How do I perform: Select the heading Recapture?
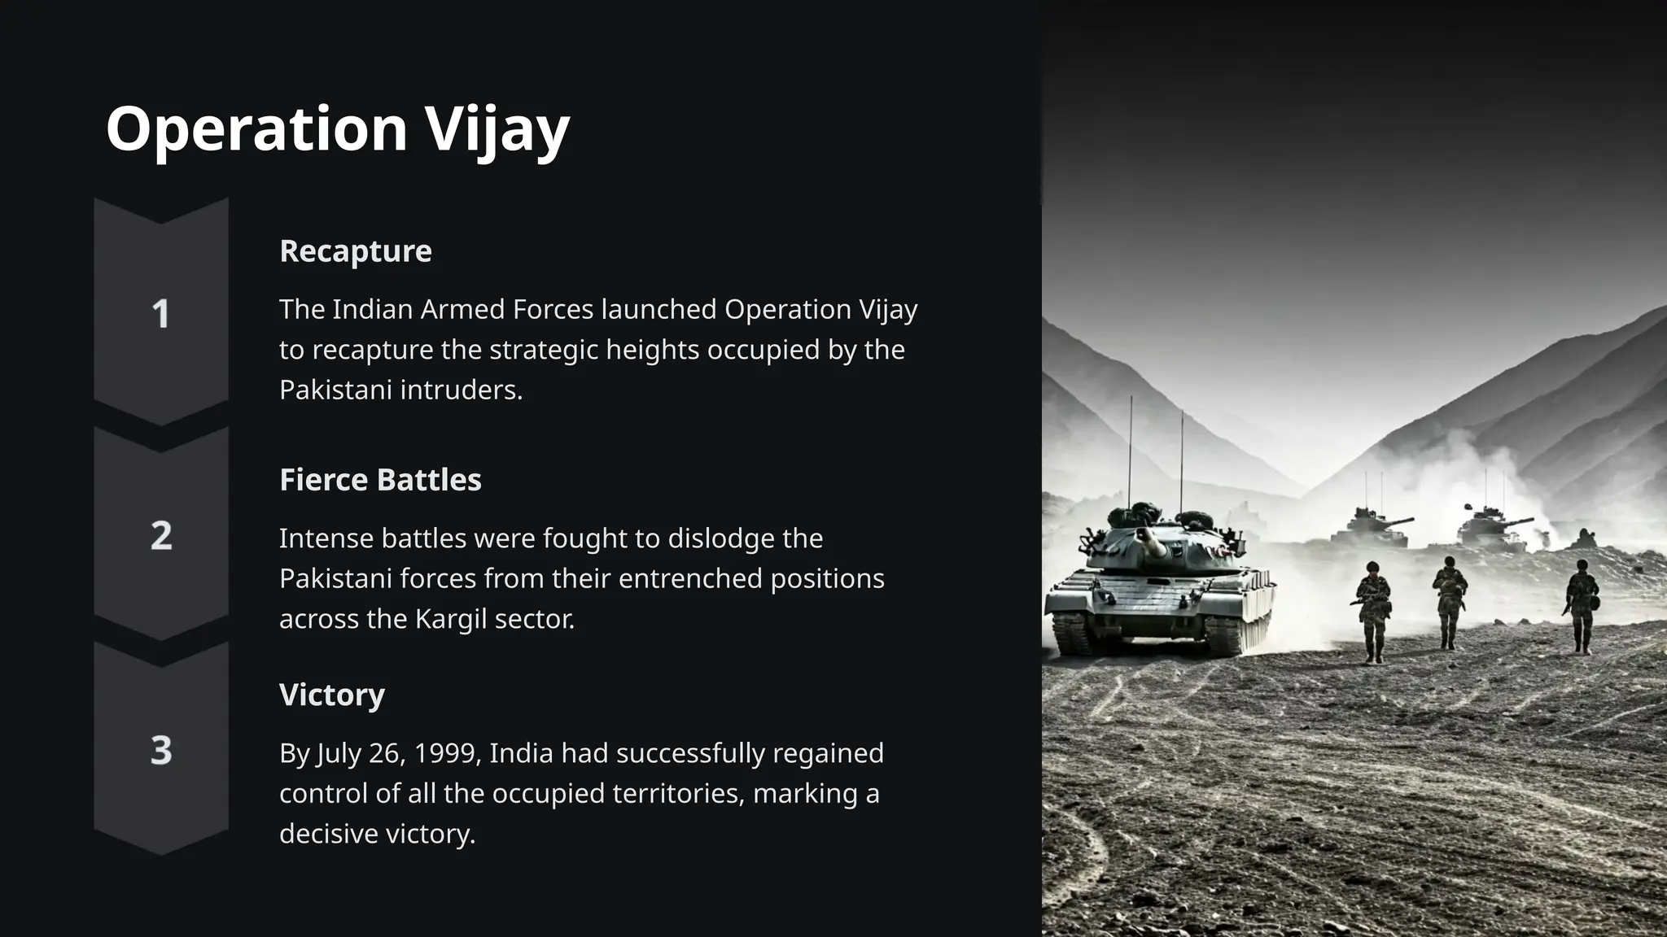point(356,251)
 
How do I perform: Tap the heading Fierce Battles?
point(380,480)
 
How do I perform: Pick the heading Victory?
point(332,695)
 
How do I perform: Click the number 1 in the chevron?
point(161,314)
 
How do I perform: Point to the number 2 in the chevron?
point(161,536)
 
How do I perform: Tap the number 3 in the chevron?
point(161,750)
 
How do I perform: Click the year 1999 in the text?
point(447,753)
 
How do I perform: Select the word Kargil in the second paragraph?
point(451,619)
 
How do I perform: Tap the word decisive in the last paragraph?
point(328,834)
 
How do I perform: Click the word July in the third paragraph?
point(338,753)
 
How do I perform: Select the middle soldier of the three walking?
point(1449,602)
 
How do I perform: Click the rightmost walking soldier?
point(1582,606)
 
